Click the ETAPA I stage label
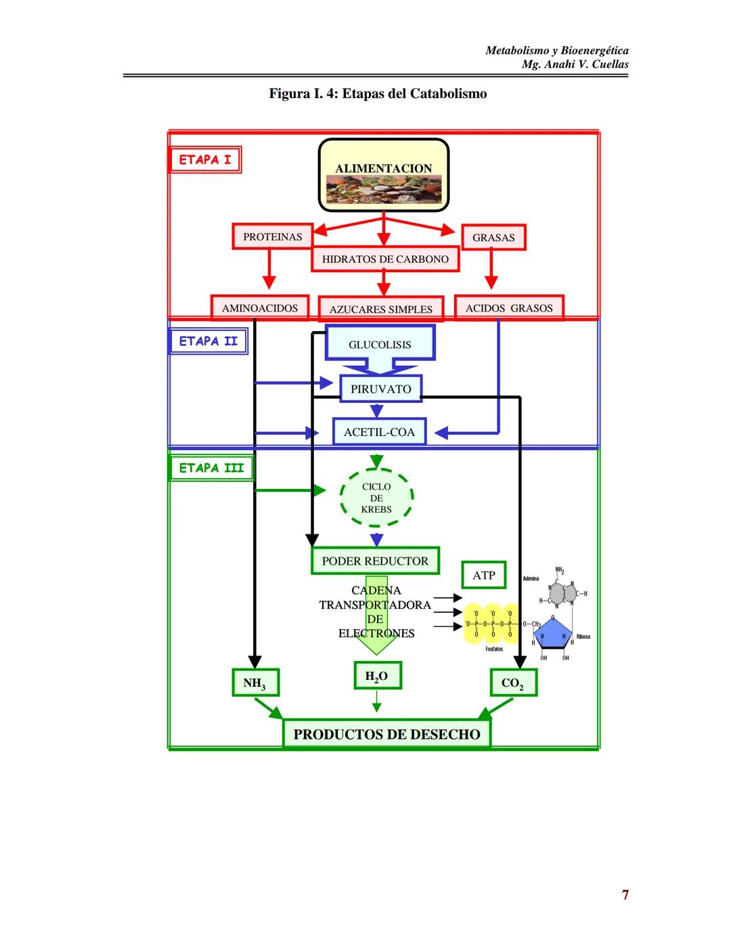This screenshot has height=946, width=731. click(205, 160)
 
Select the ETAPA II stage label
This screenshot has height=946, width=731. click(208, 341)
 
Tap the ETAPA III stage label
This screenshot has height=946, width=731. click(211, 469)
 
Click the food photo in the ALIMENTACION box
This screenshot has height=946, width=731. click(384, 190)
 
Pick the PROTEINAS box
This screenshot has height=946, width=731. click(272, 236)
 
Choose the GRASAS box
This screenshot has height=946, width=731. click(493, 238)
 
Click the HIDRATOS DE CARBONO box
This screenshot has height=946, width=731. click(384, 259)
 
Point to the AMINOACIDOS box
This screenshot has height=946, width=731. click(259, 308)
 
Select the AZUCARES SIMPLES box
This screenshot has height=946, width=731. click(380, 309)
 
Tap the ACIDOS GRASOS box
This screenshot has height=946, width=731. click(508, 308)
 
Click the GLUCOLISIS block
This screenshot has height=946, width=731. click(380, 344)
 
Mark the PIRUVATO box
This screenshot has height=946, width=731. click(380, 389)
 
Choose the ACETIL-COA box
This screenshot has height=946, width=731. click(379, 432)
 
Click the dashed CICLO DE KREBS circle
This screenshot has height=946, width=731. click(376, 498)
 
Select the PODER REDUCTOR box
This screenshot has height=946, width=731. click(375, 561)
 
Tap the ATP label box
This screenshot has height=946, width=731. click(484, 575)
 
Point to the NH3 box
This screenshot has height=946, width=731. click(254, 683)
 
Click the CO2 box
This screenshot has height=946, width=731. click(513, 683)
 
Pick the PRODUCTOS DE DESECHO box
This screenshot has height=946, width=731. click(386, 734)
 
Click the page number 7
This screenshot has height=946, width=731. click(625, 895)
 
